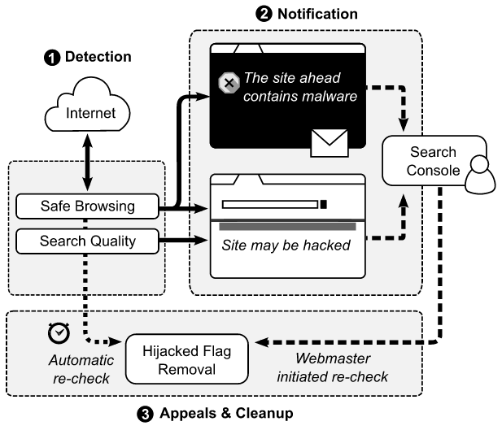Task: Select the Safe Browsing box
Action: pos(87,207)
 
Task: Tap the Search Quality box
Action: pos(87,240)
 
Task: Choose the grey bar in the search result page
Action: pos(286,225)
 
